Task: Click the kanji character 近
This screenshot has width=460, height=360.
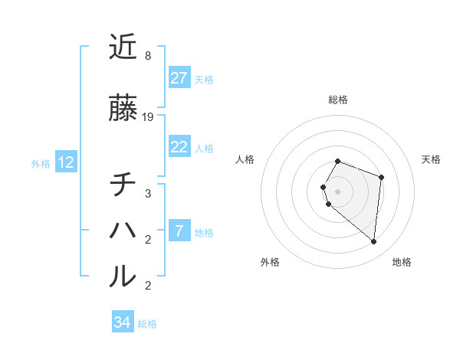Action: pos(123,47)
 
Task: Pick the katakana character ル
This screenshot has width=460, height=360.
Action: pos(123,276)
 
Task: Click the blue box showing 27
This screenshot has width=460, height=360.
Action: pos(179,78)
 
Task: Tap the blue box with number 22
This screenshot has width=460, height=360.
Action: pos(179,147)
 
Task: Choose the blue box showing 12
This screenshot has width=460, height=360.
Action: pos(66,162)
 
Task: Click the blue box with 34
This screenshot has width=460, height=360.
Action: pos(123,322)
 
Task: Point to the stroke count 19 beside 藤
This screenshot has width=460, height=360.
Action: pos(148,117)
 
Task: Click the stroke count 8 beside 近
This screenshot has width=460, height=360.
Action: pos(147,56)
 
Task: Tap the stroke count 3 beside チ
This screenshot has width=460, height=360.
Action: pos(147,194)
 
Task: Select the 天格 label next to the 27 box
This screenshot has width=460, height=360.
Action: pos(204,79)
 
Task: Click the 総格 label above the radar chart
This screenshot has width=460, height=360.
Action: pos(338,100)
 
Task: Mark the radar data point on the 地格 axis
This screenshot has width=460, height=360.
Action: pos(373,241)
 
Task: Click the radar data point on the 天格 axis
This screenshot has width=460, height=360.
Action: pos(381,177)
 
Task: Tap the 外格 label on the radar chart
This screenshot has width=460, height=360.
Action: pos(270,262)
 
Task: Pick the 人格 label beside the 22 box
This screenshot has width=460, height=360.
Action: pos(204,148)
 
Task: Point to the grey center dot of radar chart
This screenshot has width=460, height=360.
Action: pos(338,191)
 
